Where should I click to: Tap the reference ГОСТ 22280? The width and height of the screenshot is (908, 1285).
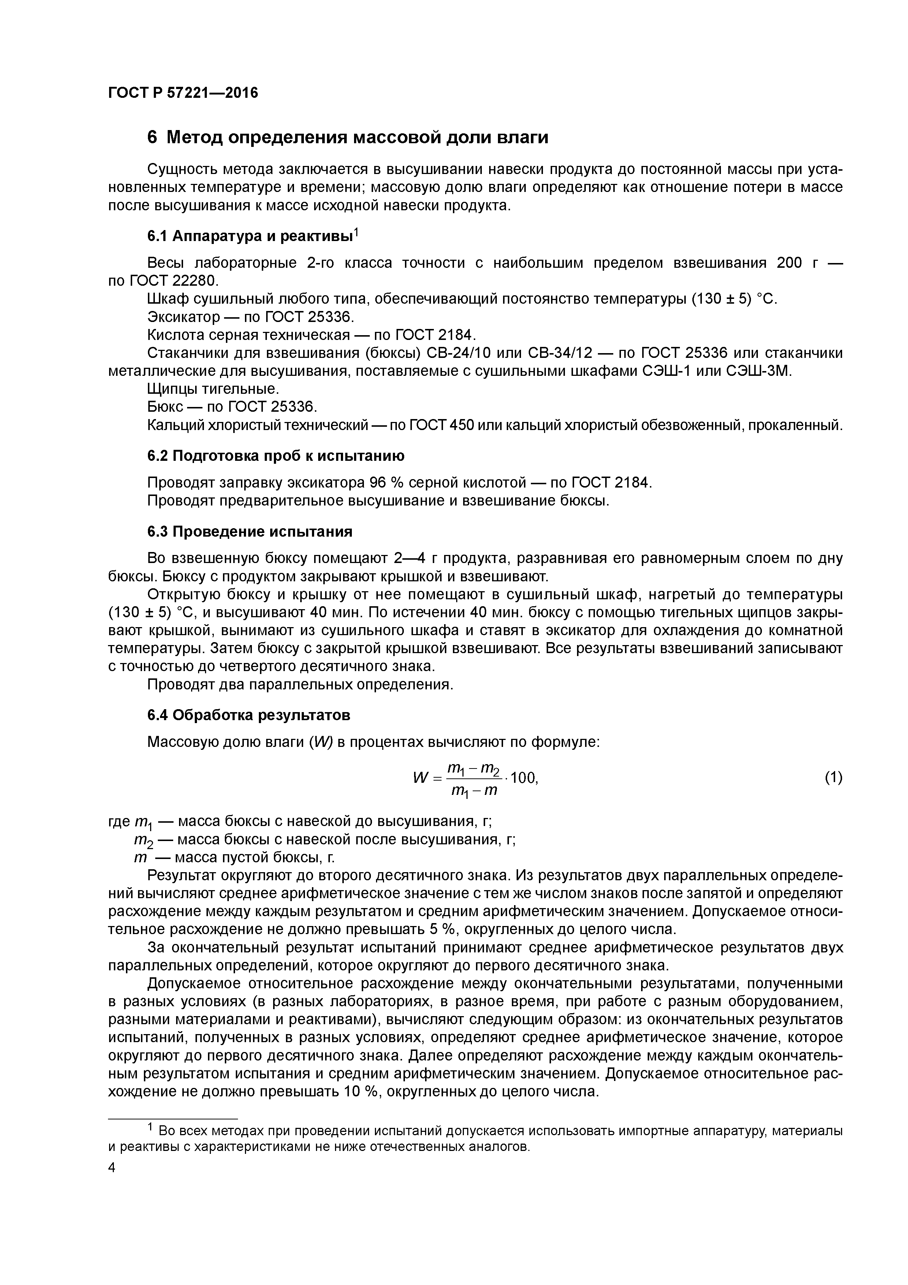pyautogui.click(x=173, y=280)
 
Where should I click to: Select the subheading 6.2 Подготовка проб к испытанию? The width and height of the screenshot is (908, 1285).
pyautogui.click(x=276, y=456)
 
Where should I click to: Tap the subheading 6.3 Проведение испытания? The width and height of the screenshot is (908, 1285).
pyautogui.click(x=250, y=531)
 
